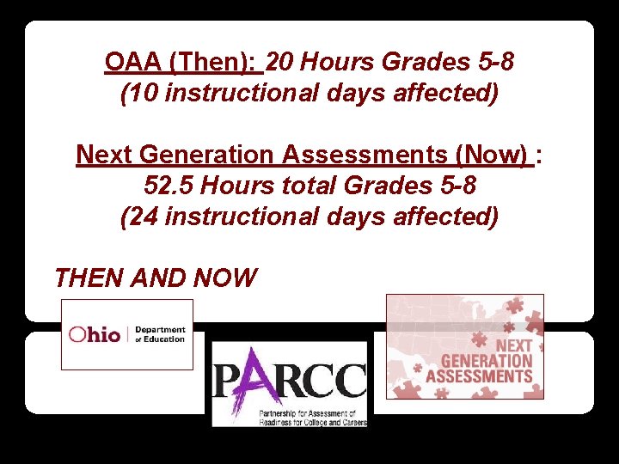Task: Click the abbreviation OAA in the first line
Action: pyautogui.click(x=133, y=62)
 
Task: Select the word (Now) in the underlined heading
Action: pyautogui.click(x=493, y=155)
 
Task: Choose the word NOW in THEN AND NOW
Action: pyautogui.click(x=226, y=278)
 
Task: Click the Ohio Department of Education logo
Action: pyautogui.click(x=127, y=334)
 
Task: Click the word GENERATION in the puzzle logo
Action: pyautogui.click(x=486, y=361)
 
